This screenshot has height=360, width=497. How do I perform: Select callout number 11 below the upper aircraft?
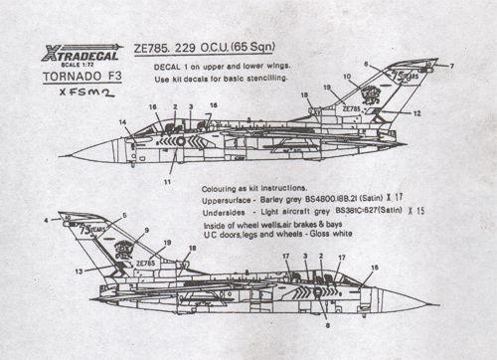167,182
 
